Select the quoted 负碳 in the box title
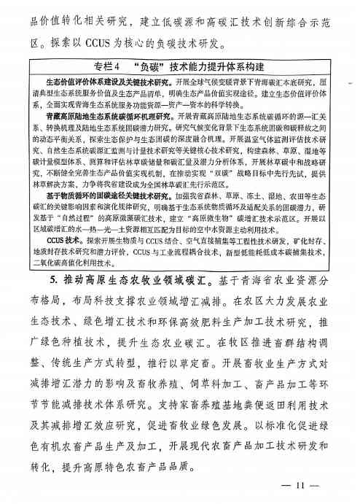tap(152, 68)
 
